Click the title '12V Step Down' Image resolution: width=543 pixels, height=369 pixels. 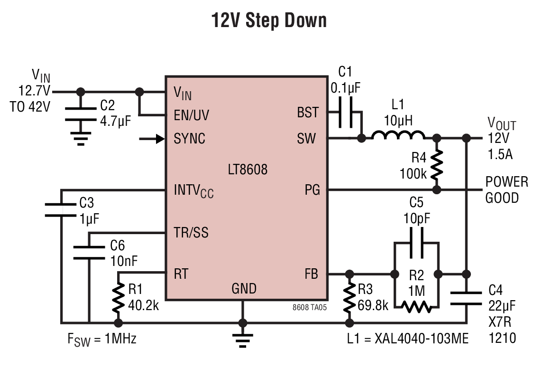(x=269, y=20)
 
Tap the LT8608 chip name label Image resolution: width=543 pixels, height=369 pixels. (x=248, y=170)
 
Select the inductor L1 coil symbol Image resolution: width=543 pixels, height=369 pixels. (x=398, y=135)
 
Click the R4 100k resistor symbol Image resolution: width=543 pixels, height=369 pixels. (x=437, y=164)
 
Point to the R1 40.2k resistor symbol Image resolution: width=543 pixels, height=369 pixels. (x=118, y=298)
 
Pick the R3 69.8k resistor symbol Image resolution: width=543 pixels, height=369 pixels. (x=350, y=298)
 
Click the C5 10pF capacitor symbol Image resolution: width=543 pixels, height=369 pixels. (x=416, y=243)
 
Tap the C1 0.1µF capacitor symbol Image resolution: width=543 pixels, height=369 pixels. (x=346, y=112)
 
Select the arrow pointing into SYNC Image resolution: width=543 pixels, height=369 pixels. (x=152, y=139)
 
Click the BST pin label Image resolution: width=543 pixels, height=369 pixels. (x=307, y=113)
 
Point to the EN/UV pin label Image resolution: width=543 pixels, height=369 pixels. (x=191, y=115)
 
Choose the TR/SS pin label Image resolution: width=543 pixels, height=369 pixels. (x=191, y=232)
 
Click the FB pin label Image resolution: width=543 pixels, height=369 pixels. (x=311, y=274)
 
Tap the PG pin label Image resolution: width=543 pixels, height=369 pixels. (x=312, y=189)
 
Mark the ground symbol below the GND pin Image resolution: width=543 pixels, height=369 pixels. (x=242, y=340)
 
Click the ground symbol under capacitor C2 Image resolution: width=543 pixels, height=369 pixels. (x=80, y=138)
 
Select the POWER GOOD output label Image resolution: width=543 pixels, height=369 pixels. (x=506, y=189)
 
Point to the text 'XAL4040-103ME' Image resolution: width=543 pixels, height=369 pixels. (x=422, y=338)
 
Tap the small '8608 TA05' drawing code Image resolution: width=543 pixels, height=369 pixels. (x=310, y=307)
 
